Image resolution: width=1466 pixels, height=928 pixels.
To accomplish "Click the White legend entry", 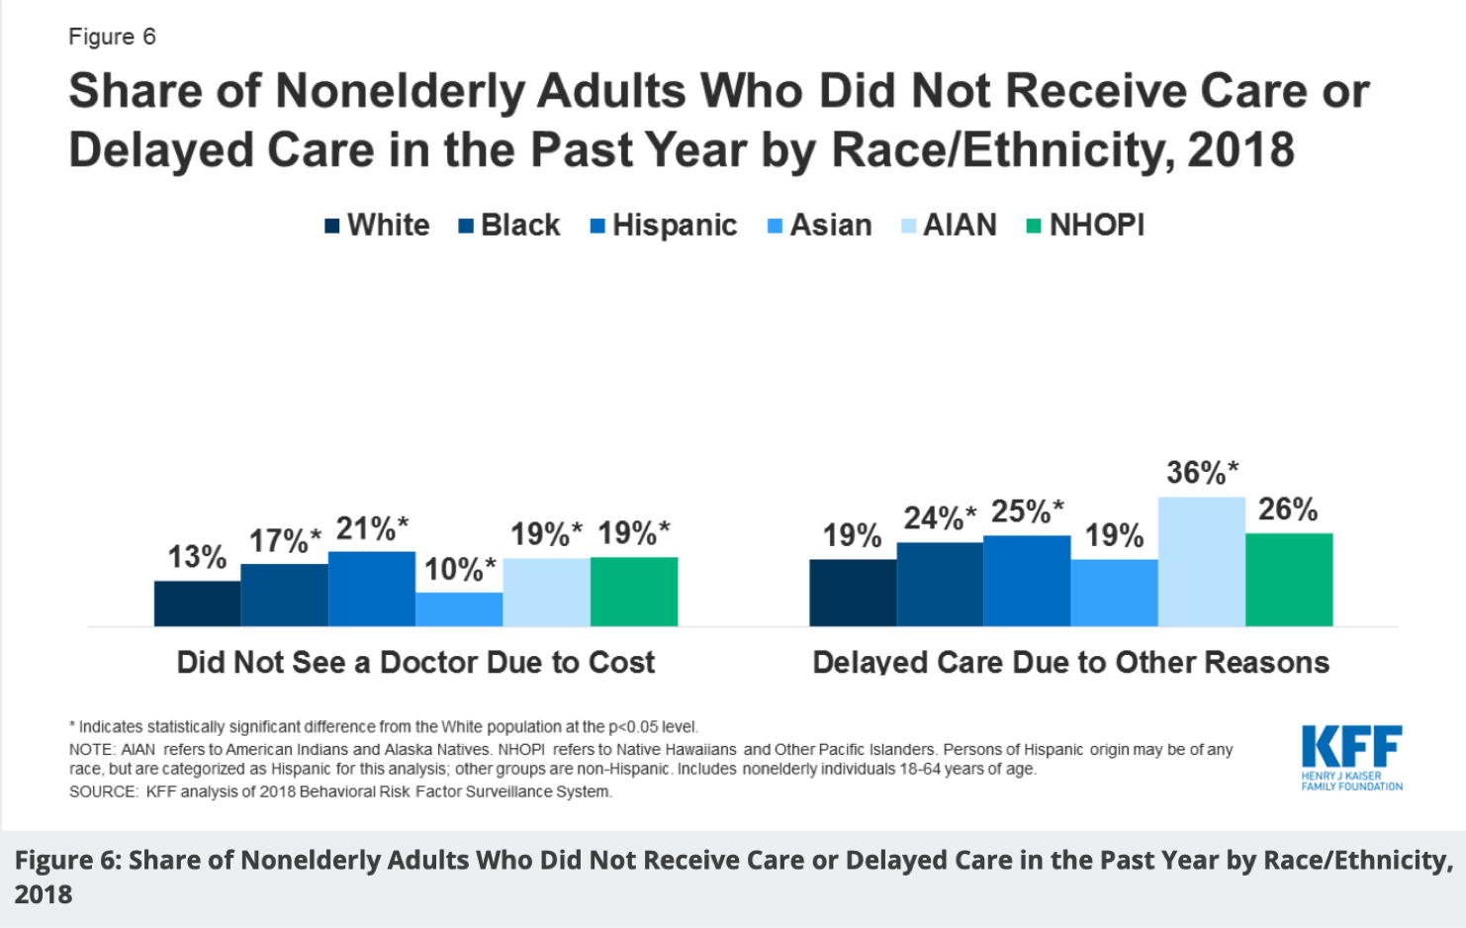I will [378, 226].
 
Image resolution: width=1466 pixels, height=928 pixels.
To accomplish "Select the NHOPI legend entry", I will [1085, 226].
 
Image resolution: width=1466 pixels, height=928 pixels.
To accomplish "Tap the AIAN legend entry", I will [949, 226].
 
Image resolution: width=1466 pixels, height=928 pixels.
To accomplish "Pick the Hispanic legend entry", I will [664, 226].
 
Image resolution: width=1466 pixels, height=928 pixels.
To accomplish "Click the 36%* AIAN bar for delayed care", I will [1201, 561].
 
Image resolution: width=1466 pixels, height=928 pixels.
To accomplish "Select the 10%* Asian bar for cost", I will [459, 608].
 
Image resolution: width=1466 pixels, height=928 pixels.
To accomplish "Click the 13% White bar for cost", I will [197, 603].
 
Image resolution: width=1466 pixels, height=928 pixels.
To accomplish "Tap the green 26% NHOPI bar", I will [1288, 579].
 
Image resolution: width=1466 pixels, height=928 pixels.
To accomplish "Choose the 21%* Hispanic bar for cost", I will [371, 589].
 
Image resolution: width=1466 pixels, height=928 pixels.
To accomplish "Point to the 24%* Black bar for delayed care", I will [940, 584].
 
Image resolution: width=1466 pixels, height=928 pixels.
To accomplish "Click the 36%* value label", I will [1202, 473].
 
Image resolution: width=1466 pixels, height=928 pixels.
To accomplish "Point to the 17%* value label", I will [285, 541].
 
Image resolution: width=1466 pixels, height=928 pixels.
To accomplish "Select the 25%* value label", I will [1027, 511].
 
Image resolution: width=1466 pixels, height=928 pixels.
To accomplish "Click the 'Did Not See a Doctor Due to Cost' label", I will [415, 662].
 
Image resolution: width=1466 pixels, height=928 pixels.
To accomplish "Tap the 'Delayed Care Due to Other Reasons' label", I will [1070, 662].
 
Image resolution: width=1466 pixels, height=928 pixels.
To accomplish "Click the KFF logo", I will [1351, 757].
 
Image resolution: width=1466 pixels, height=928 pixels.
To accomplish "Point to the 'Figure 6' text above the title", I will [112, 37].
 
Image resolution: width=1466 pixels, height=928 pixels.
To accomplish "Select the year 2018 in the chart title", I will [1240, 150].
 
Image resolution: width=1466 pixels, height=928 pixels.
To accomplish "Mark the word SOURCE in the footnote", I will [103, 791].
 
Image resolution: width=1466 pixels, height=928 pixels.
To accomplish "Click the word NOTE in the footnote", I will [91, 750].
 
